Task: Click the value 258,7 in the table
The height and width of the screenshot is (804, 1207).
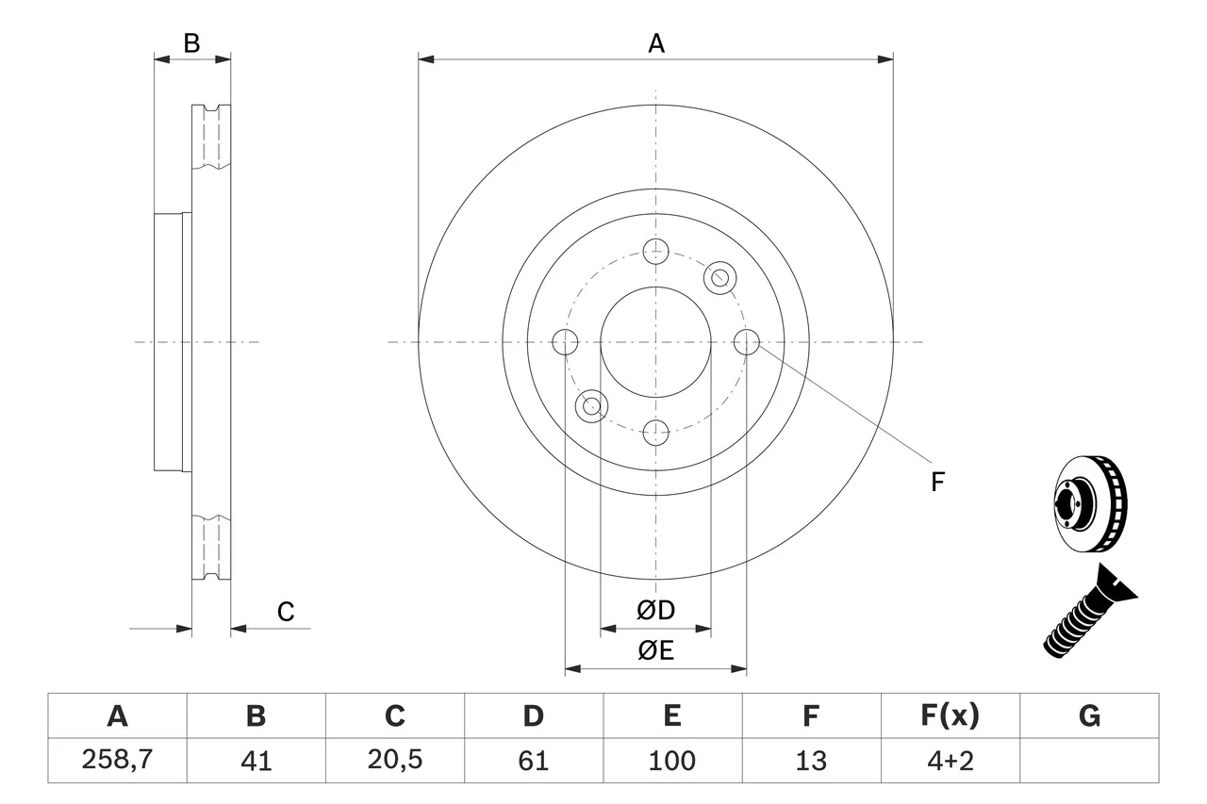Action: (x=117, y=761)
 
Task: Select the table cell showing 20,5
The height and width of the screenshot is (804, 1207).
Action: (x=394, y=761)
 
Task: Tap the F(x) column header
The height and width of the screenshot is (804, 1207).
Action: (x=950, y=716)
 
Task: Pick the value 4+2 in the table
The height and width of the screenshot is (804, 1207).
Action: (x=950, y=761)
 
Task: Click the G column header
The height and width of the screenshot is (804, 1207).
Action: (x=1089, y=716)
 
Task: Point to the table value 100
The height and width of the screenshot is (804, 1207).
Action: (x=671, y=761)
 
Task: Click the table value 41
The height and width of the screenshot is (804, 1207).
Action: (x=256, y=761)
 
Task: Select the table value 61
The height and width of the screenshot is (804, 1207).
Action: (x=533, y=761)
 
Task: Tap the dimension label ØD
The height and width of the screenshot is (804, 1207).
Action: (x=656, y=610)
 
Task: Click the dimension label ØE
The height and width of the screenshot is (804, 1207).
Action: (x=656, y=651)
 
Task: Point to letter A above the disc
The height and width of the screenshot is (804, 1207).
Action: (x=656, y=43)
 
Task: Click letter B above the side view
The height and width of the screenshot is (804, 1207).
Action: (x=191, y=43)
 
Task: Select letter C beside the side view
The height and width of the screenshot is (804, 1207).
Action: (x=286, y=612)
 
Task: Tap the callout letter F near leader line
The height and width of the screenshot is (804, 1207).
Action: (x=937, y=483)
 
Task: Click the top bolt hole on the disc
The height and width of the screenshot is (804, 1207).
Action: (x=655, y=251)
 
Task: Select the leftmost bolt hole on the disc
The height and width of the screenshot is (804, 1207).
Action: (x=564, y=342)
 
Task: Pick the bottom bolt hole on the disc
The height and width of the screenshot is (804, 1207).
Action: (x=655, y=434)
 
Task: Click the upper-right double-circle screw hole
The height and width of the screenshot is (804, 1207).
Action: (x=719, y=276)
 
